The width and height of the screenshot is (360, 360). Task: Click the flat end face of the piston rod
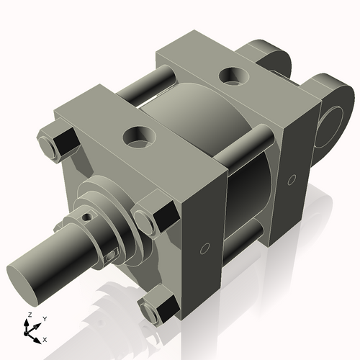(24, 282)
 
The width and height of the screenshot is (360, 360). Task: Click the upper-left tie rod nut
(56, 142)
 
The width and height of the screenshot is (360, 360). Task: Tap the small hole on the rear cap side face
(292, 177)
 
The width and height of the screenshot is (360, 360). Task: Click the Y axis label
(44, 318)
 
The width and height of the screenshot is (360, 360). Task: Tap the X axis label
(45, 338)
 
